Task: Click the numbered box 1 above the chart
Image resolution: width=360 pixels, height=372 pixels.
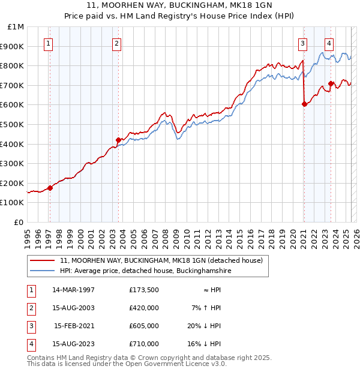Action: point(47,43)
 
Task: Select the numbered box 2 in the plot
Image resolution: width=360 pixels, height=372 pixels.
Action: point(116,43)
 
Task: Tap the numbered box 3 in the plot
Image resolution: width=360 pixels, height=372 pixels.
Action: point(303,43)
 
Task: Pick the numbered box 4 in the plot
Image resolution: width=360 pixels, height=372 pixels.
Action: point(329,43)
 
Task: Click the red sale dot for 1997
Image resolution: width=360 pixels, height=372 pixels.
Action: point(50,188)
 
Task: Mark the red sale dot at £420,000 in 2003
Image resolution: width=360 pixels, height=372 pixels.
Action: point(118,140)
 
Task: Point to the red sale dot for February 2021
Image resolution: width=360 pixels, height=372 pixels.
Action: point(304,104)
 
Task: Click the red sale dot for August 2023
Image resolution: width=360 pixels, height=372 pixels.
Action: point(331,83)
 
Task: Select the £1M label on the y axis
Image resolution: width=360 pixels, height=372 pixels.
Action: point(16,27)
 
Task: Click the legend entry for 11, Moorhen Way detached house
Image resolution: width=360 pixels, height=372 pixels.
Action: point(161,261)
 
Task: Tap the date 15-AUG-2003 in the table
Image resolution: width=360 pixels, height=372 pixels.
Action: point(74,308)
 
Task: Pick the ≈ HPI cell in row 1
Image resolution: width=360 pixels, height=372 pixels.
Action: point(210,290)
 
